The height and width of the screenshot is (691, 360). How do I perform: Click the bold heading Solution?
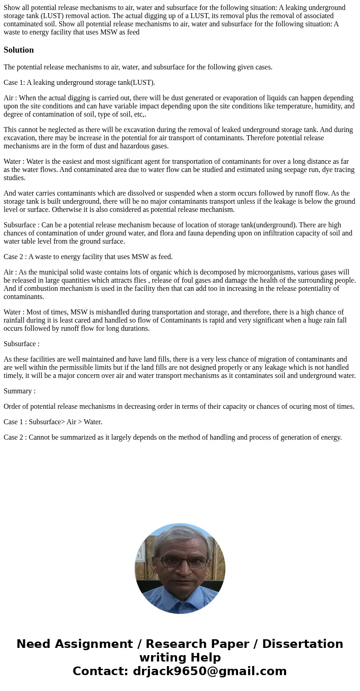19,50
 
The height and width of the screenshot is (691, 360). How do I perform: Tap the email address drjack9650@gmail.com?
210,671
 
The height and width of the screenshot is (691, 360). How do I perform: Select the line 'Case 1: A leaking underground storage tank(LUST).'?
79,83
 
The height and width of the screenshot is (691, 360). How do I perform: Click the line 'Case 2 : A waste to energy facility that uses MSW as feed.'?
88,257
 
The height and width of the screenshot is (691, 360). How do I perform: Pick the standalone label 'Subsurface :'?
21,344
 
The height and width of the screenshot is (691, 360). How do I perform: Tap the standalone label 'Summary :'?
19,391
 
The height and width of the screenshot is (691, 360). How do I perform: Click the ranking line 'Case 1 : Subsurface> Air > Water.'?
53,422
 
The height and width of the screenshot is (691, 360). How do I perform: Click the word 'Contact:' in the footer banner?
100,671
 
